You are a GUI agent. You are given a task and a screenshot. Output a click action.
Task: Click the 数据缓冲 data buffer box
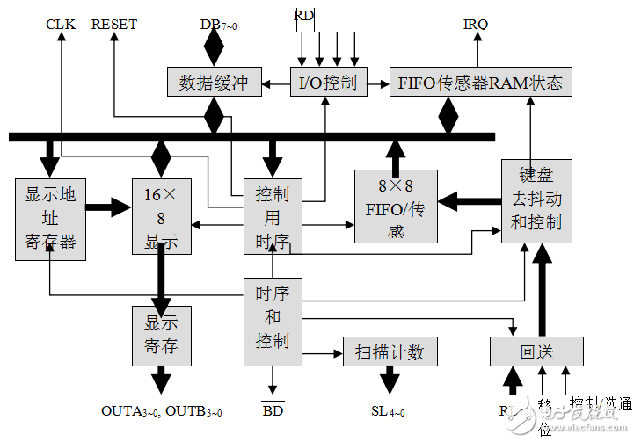pos(213,83)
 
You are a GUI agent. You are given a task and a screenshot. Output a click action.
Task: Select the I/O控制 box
pos(327,83)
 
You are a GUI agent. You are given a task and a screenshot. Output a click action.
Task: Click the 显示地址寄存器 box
pos(51,218)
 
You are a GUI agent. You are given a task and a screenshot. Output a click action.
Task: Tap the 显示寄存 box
pos(161,335)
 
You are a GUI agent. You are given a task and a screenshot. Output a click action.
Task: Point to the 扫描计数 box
pos(390,351)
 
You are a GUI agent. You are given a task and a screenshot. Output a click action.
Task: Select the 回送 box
pos(536,351)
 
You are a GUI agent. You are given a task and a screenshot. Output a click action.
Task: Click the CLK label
pos(61,25)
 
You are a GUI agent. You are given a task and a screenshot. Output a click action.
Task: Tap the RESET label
pos(114,25)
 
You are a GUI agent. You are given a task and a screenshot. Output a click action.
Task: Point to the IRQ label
pos(476,25)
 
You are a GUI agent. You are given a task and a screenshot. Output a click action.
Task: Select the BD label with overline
pos(273,411)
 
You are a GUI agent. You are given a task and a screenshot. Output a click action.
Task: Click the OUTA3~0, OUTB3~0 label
pos(162,411)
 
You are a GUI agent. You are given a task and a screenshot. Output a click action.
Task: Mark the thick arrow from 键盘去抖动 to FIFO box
pos(469,202)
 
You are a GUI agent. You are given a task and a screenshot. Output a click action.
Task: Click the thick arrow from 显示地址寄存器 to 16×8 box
pos(109,208)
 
